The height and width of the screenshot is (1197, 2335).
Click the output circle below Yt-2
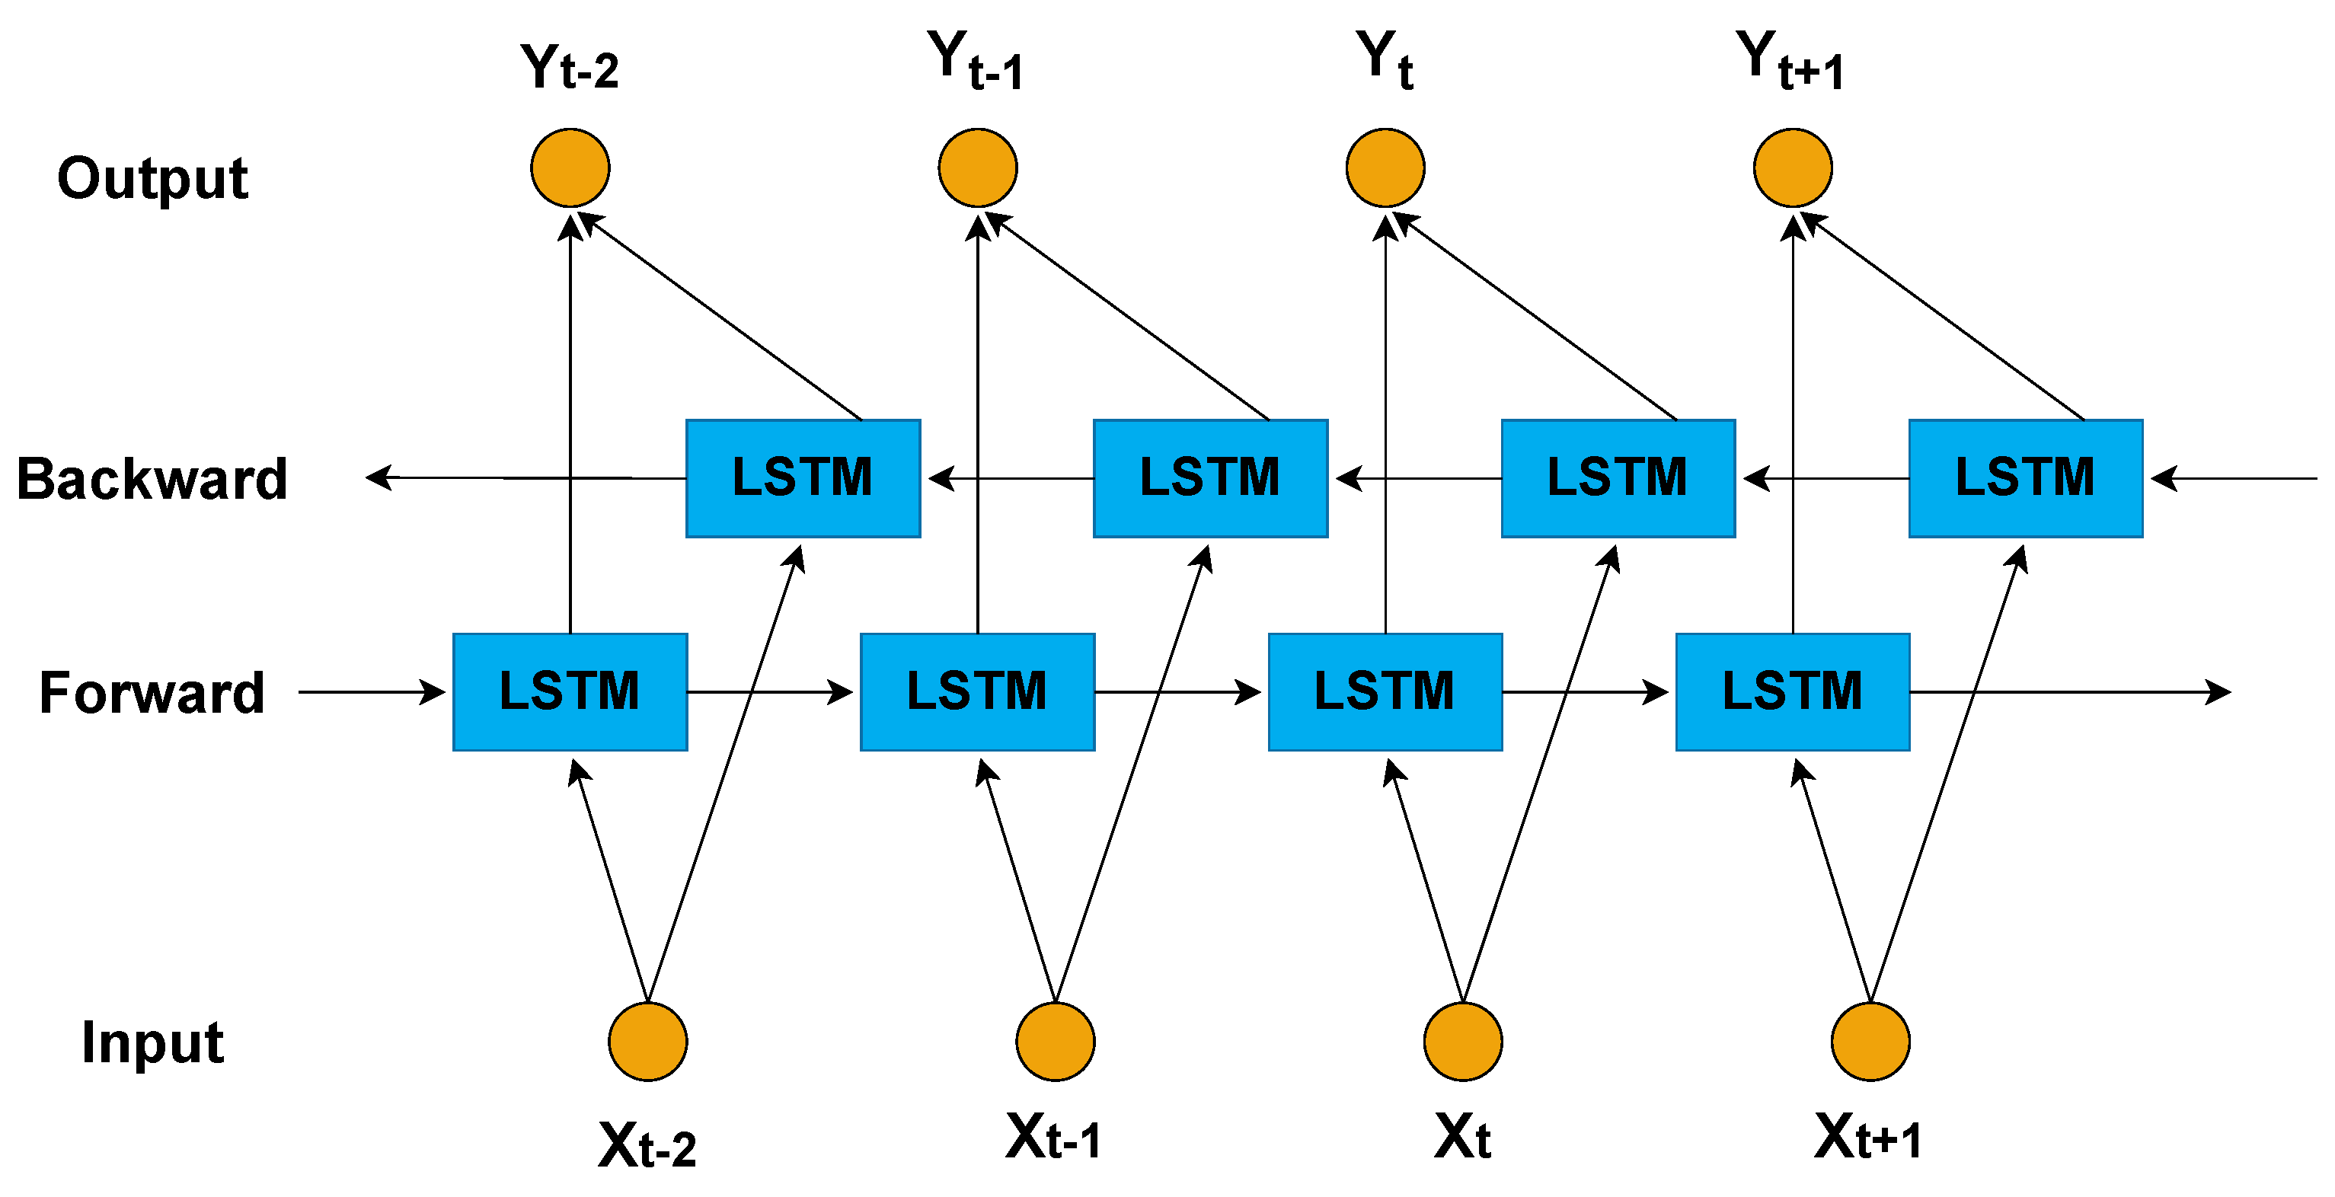click(570, 168)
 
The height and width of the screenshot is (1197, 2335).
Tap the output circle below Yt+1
click(1792, 168)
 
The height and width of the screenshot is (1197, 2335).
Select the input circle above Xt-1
click(1055, 1041)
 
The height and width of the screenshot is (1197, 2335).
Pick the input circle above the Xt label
click(1462, 1041)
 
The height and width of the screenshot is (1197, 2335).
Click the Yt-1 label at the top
click(976, 62)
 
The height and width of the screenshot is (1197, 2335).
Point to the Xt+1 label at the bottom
click(1867, 1137)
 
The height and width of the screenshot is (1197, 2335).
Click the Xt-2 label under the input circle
click(647, 1145)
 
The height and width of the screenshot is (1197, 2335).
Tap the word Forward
click(152, 693)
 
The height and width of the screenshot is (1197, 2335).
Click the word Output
click(152, 178)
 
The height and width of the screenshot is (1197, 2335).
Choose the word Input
click(152, 1042)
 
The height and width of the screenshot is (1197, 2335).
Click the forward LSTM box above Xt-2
click(570, 691)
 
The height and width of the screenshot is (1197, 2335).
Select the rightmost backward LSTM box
click(2025, 477)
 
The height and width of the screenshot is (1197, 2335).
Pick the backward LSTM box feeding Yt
click(1618, 477)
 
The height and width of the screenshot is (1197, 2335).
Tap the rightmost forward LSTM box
click(1792, 691)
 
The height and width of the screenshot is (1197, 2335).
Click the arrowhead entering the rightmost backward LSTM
click(2164, 477)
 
